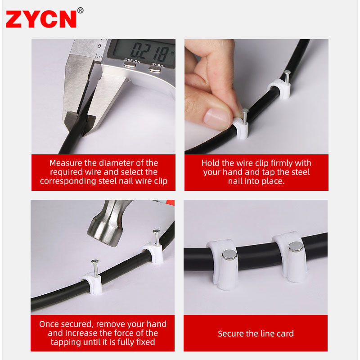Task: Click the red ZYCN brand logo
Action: tap(41, 19)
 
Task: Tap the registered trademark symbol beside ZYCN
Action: tap(81, 10)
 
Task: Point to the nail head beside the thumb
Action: tap(245, 111)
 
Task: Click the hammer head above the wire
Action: tap(108, 224)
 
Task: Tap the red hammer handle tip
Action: tap(170, 202)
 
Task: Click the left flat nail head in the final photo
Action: tap(229, 255)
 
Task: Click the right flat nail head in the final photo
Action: tap(296, 247)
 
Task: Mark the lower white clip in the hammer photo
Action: tap(92, 283)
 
